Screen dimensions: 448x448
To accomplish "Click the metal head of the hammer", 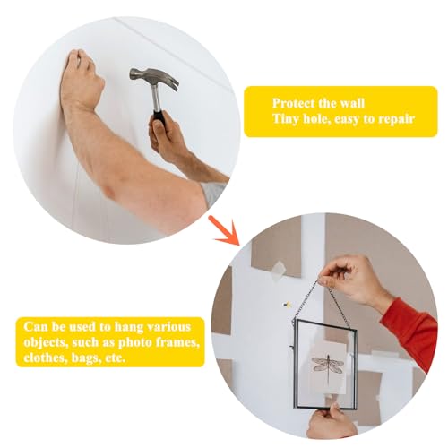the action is (155, 78).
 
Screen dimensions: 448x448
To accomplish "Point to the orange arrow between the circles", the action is (225, 230).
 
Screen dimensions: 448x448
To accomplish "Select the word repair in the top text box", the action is (396, 119).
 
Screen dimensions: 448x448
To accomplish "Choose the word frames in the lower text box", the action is (178, 342).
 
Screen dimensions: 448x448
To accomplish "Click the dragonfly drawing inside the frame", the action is (328, 366).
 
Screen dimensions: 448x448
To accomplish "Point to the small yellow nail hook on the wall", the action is (288, 305).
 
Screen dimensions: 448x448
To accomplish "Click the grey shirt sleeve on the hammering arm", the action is (212, 194).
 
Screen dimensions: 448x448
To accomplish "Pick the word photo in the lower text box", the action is (135, 342).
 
